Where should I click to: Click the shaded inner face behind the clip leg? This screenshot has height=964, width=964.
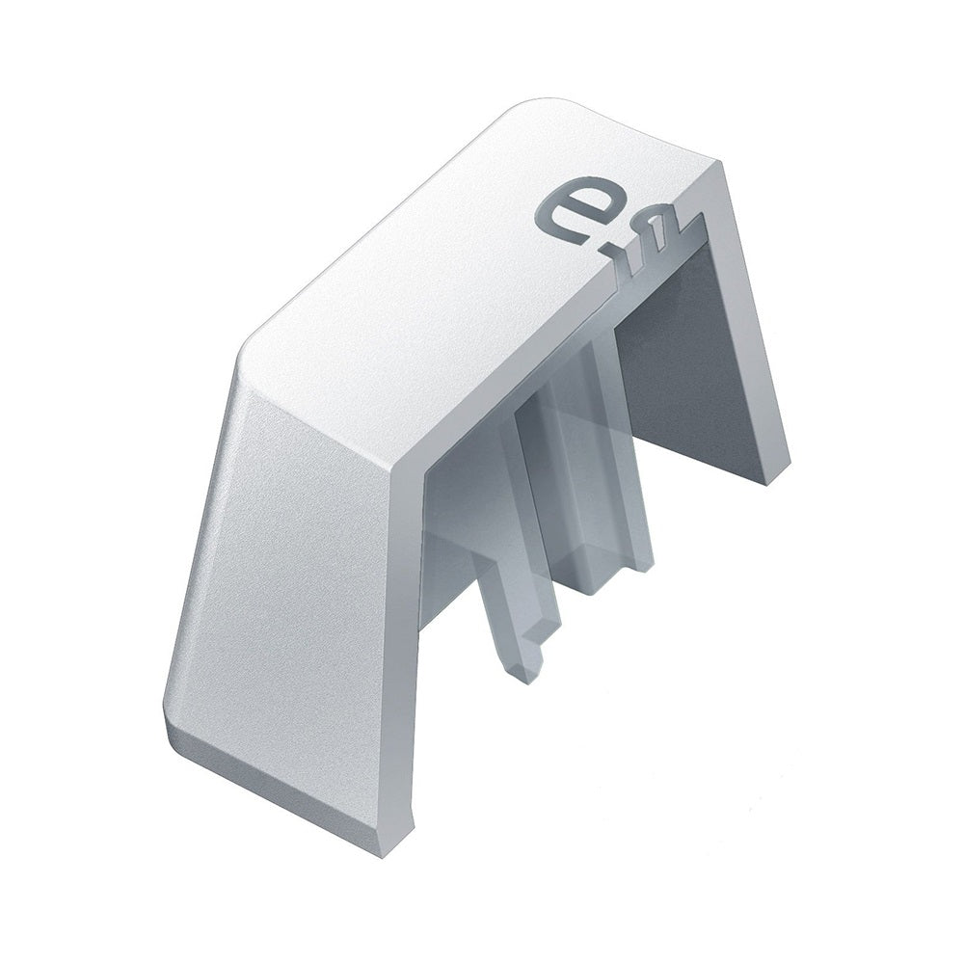coord(453,540)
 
